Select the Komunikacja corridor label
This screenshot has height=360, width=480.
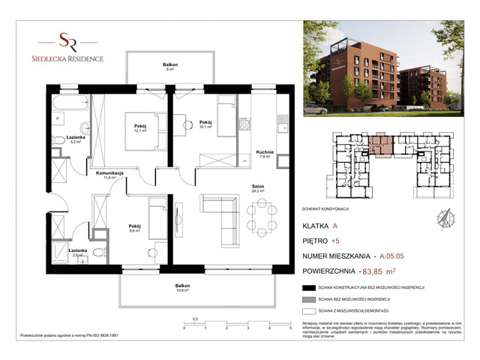[109, 174]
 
